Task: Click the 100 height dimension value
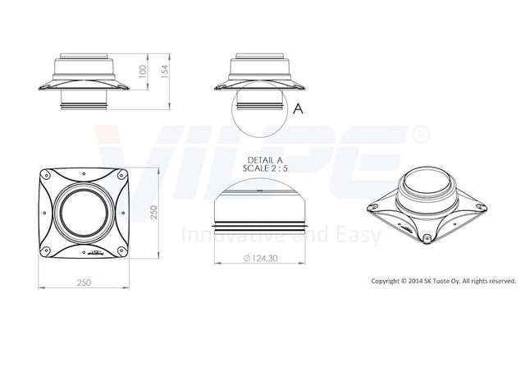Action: point(143,71)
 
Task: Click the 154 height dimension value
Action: point(166,71)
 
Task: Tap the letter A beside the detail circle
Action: point(298,108)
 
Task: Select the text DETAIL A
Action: point(265,160)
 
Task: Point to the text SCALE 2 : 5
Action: point(265,168)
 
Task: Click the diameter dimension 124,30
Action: point(261,259)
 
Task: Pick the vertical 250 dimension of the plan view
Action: point(153,213)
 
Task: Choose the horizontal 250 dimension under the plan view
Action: point(84,282)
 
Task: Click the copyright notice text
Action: point(444,281)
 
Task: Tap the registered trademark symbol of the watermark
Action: point(420,135)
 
